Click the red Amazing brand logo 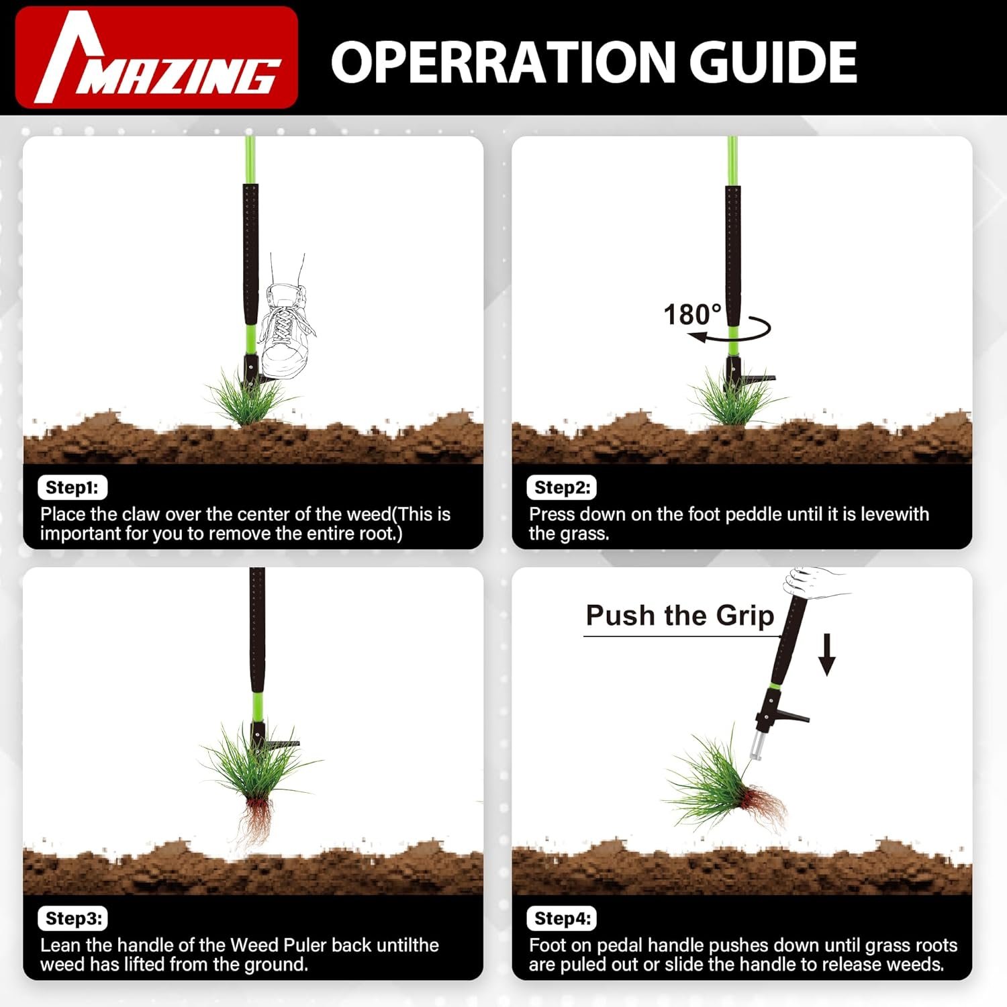click(156, 58)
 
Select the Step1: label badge click(73, 487)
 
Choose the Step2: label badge click(562, 487)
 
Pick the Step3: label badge click(73, 918)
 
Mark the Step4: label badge click(562, 918)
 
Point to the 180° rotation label click(692, 314)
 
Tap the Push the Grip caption click(680, 616)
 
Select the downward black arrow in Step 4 click(827, 654)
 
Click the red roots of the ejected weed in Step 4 click(763, 804)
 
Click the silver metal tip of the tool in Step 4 click(758, 745)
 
